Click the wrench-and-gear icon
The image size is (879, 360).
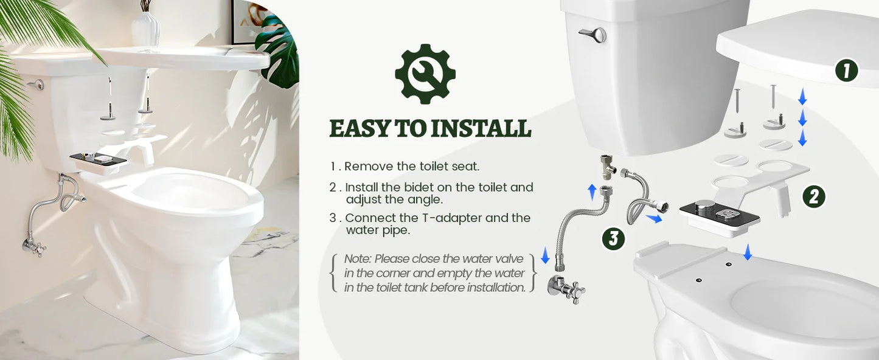425,74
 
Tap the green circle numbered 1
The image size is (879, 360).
846,71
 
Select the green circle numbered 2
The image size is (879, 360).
813,196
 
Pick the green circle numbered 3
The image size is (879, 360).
613,238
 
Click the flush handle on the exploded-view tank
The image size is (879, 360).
592,35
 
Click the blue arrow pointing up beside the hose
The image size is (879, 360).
592,192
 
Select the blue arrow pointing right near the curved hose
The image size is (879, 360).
653,218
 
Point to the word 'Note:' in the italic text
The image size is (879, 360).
358,259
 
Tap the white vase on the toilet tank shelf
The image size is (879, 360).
145,29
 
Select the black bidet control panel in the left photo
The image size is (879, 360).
98,159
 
